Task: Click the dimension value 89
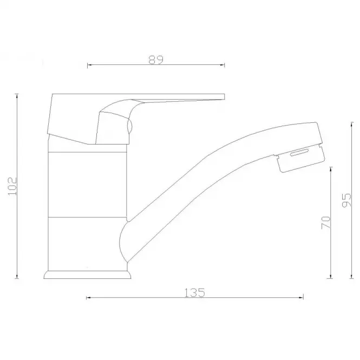click(156, 60)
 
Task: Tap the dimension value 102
click(12, 186)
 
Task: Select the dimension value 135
click(194, 293)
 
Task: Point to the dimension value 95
click(346, 200)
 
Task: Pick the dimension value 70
click(326, 222)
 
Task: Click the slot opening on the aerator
click(299, 152)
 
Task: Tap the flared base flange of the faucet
click(87, 274)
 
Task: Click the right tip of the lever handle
click(224, 97)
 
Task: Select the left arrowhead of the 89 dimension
click(89, 65)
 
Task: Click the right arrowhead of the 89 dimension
click(222, 65)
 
